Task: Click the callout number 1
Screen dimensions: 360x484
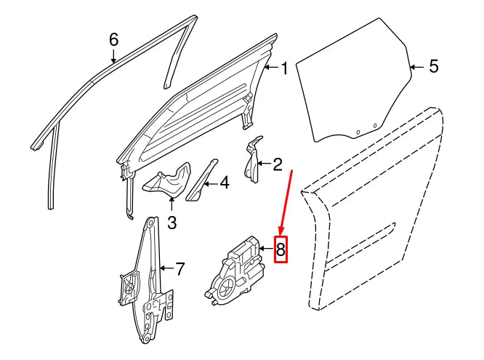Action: pos(284,69)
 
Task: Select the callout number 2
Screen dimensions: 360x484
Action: pos(277,165)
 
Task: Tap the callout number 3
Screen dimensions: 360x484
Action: pos(172,222)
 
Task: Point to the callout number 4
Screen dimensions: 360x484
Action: pos(225,184)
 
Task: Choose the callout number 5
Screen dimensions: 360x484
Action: pos(433,67)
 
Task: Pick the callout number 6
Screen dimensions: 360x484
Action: pos(113,39)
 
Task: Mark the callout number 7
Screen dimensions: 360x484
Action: pos(180,270)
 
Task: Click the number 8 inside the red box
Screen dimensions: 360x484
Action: pos(281,252)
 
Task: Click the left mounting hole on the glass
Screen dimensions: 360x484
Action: pos(358,132)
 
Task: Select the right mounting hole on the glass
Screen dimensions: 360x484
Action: pos(375,127)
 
